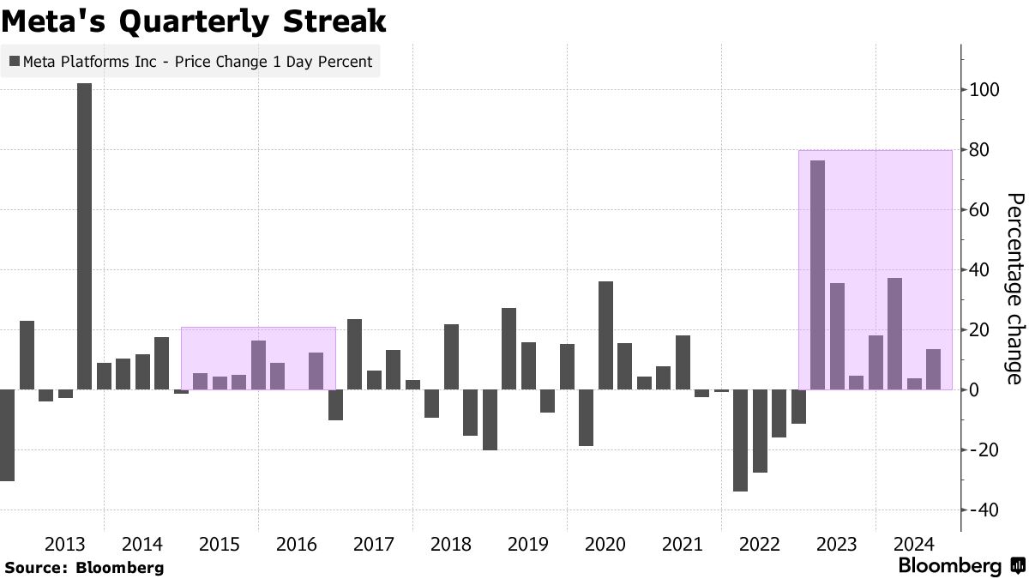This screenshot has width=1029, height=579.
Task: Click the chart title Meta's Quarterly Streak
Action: tap(194, 22)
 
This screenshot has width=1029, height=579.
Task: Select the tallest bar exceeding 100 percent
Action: tap(84, 236)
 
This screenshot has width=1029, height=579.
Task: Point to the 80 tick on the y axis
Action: tap(983, 150)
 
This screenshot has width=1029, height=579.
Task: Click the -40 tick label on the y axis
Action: tap(983, 510)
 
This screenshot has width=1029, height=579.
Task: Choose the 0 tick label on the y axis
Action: tap(976, 390)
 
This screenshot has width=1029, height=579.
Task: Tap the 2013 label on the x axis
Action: tap(65, 544)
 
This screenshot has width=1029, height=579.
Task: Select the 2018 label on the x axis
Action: tap(451, 544)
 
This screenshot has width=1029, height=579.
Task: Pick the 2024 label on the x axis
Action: tap(914, 544)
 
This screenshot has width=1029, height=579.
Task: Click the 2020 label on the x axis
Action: tap(605, 544)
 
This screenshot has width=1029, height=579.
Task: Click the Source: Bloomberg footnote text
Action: tap(84, 567)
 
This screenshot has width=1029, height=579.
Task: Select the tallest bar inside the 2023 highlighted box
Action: tap(817, 274)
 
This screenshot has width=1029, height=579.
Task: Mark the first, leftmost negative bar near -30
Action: tap(7, 435)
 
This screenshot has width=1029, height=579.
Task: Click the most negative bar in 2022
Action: tap(740, 440)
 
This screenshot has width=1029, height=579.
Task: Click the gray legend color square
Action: tap(15, 62)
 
